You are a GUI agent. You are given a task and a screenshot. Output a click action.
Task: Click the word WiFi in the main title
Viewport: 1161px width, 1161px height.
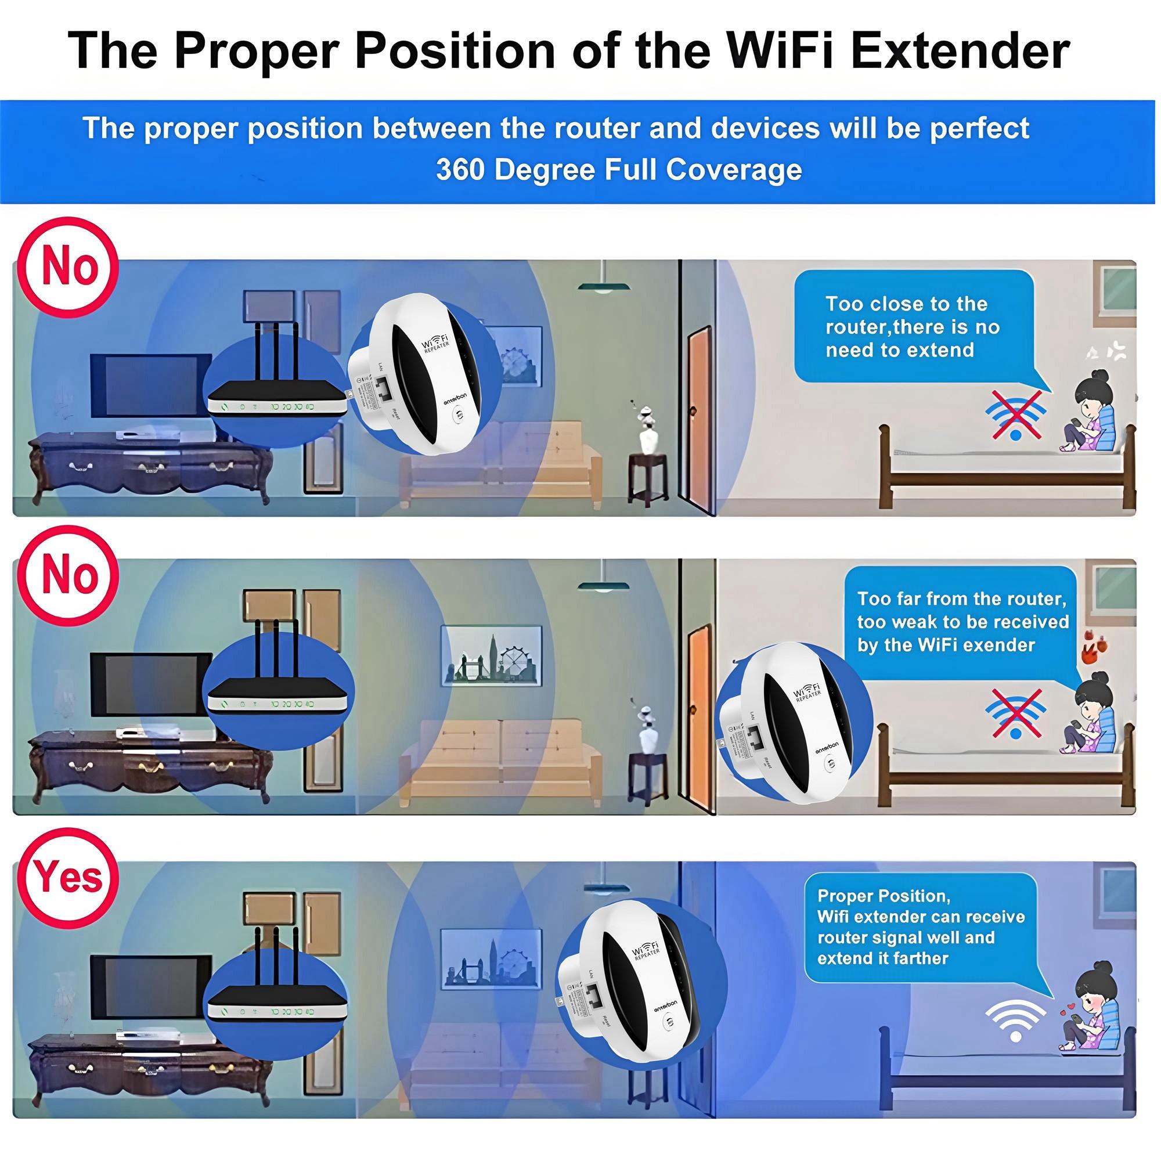point(783,51)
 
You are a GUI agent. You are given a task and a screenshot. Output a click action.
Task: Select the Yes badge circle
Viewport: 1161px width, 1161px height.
point(67,878)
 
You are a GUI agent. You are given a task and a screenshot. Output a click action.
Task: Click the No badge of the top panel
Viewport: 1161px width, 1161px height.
point(67,267)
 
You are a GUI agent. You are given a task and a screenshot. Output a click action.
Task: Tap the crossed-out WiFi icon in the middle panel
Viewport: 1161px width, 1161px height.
point(1015,713)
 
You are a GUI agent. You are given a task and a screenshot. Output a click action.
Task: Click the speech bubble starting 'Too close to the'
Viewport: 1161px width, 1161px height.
point(913,327)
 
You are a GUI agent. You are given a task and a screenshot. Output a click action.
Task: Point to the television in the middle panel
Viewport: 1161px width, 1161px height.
point(152,684)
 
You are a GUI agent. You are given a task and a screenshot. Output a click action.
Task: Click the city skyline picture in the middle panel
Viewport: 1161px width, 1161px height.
point(491,656)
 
